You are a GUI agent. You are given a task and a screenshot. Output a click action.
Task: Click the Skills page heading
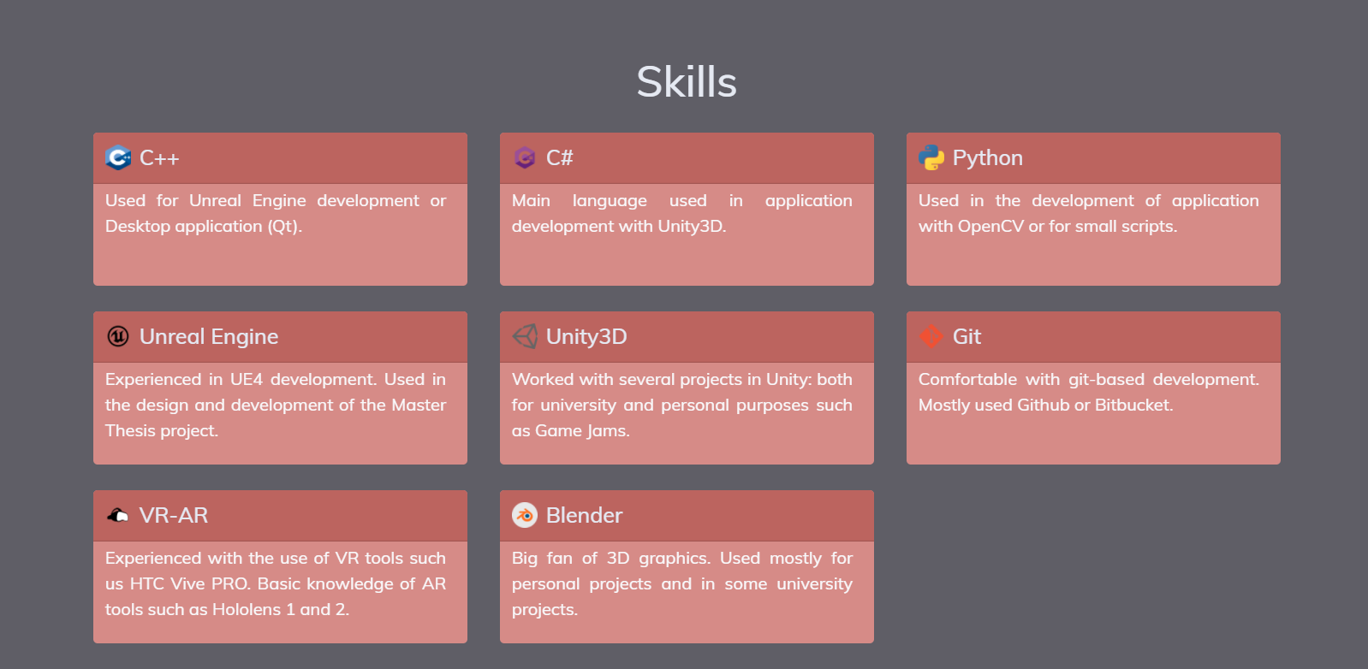pos(687,82)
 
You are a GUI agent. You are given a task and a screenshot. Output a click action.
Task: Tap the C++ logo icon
pos(118,158)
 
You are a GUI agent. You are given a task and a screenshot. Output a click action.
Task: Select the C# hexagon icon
pos(525,158)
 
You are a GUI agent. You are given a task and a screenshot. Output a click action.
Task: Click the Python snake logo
pos(931,157)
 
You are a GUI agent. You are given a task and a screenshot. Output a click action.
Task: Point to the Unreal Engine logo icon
pos(118,336)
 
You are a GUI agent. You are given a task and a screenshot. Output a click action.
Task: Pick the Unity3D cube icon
pos(525,336)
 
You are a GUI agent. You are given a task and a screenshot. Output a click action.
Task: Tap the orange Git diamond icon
pos(931,336)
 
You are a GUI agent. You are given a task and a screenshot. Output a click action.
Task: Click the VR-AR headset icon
pos(118,516)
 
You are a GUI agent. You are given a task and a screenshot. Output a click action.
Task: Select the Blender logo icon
pos(525,515)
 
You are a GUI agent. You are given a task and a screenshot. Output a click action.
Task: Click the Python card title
pos(988,158)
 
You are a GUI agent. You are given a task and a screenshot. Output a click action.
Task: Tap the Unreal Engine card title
pos(209,336)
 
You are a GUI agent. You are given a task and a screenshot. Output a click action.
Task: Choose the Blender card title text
pos(585,515)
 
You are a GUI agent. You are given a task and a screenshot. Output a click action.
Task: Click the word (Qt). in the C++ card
pos(284,227)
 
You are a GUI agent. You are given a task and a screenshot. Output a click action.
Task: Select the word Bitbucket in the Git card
pos(1134,405)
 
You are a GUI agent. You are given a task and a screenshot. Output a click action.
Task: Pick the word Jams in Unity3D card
pos(608,431)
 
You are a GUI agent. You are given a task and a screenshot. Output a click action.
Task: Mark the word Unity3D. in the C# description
pos(692,227)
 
